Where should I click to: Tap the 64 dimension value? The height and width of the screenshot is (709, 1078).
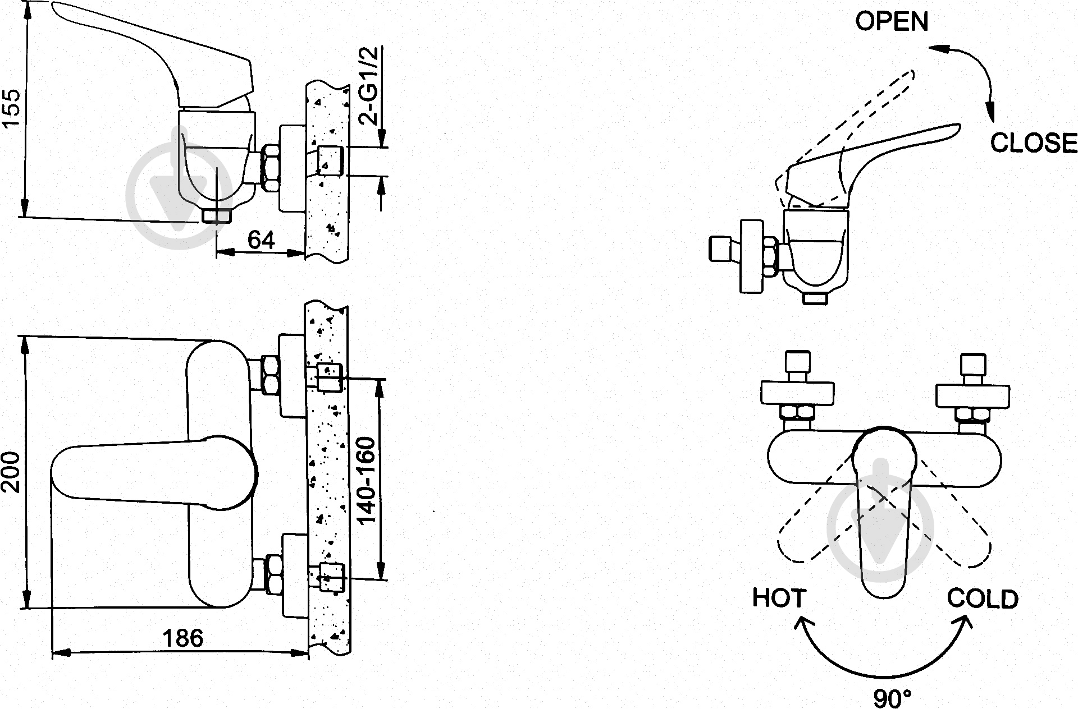coord(261,241)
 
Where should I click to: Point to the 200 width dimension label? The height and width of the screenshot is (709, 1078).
coord(12,472)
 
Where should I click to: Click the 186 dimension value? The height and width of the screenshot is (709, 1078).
coord(183,638)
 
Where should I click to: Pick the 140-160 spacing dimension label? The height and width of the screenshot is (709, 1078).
coord(367,481)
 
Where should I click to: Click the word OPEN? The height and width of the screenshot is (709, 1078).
coord(892,22)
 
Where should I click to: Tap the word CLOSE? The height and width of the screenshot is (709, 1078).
coord(1033,143)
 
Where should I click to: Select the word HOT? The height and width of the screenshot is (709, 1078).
coord(779,598)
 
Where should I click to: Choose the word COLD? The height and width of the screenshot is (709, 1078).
coord(983,599)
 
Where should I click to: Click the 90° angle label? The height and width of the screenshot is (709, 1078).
coord(892,698)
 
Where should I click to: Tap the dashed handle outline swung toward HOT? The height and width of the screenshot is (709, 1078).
coord(808,533)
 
